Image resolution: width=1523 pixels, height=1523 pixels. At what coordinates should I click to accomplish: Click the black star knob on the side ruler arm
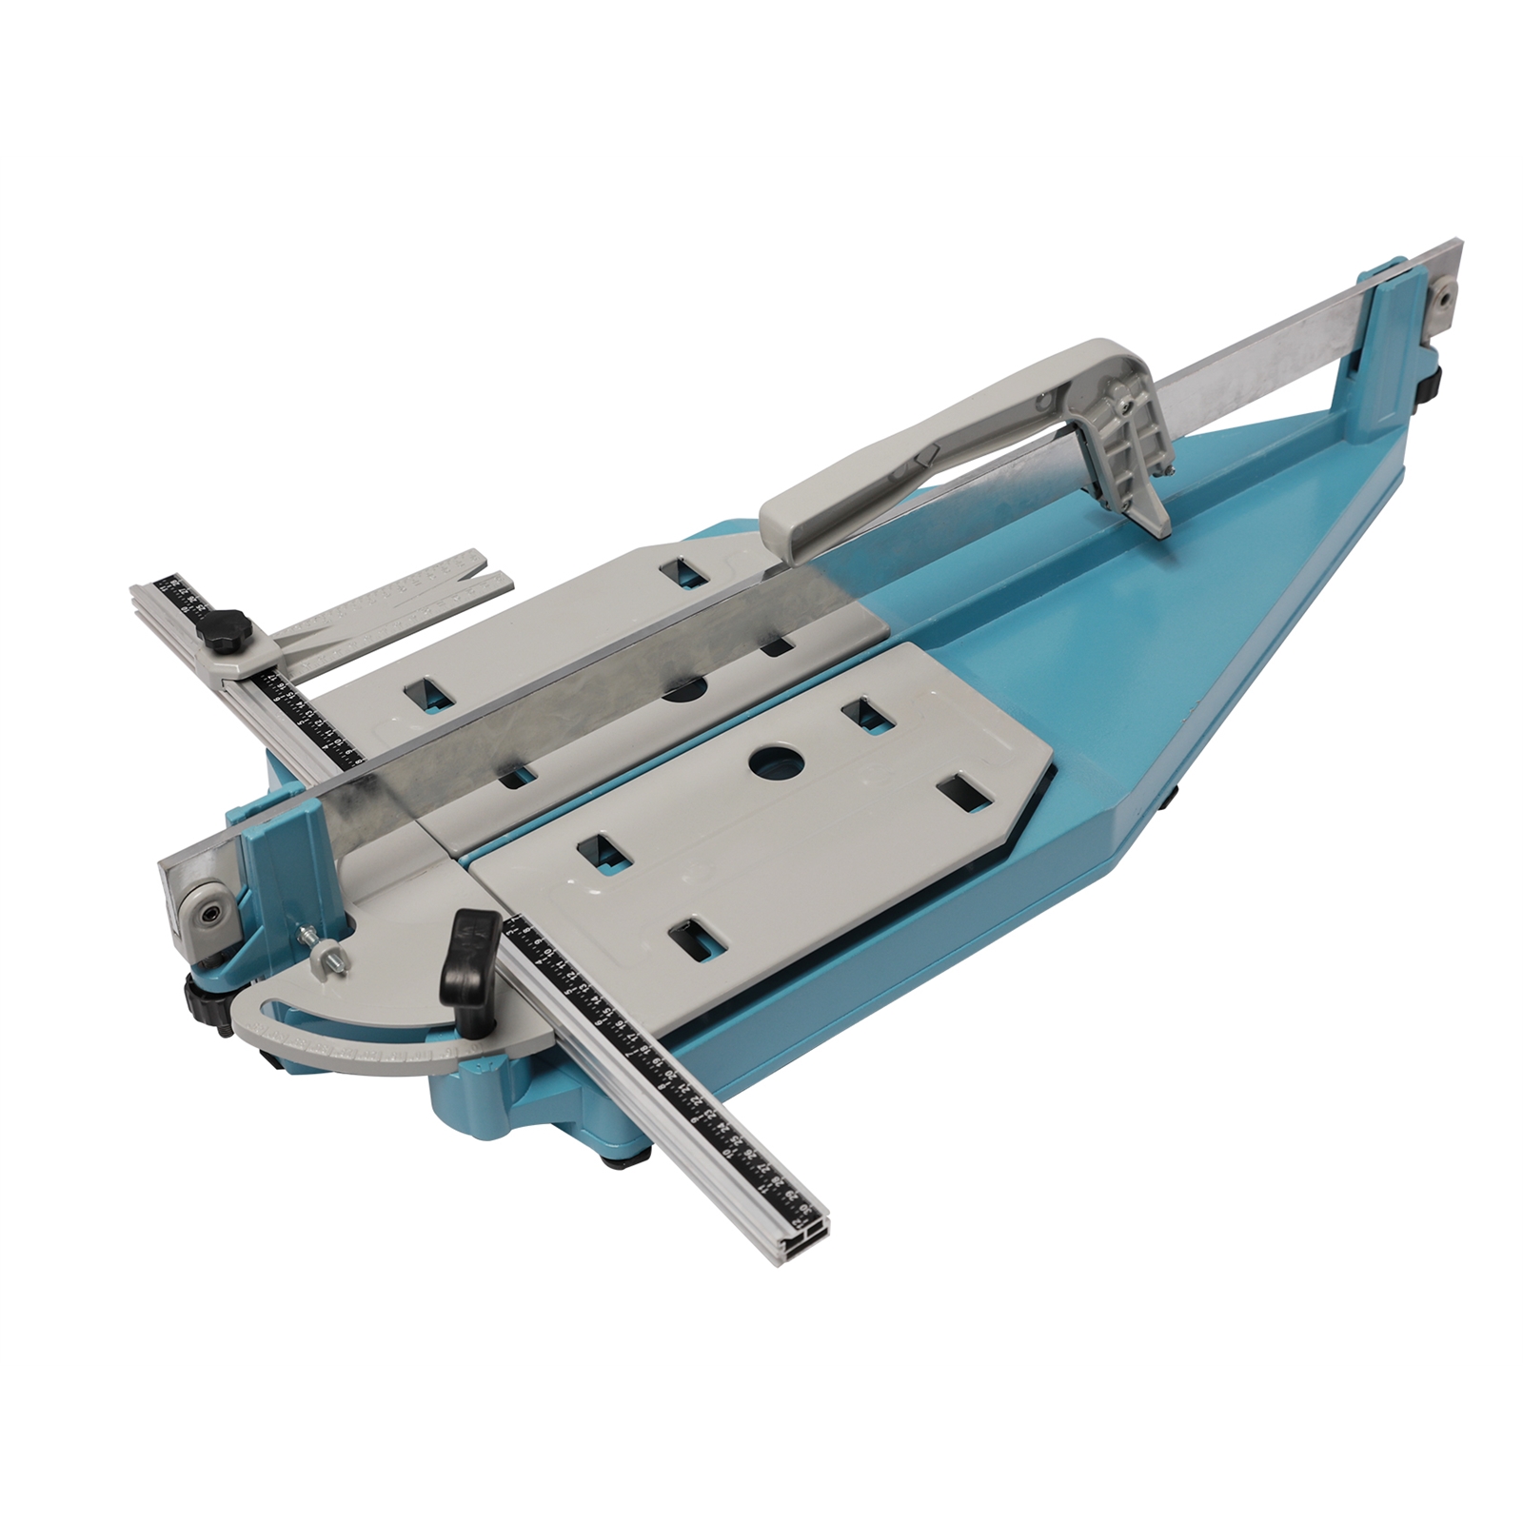(232, 630)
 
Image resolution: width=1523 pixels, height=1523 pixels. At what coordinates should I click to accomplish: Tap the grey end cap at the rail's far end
(1443, 299)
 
